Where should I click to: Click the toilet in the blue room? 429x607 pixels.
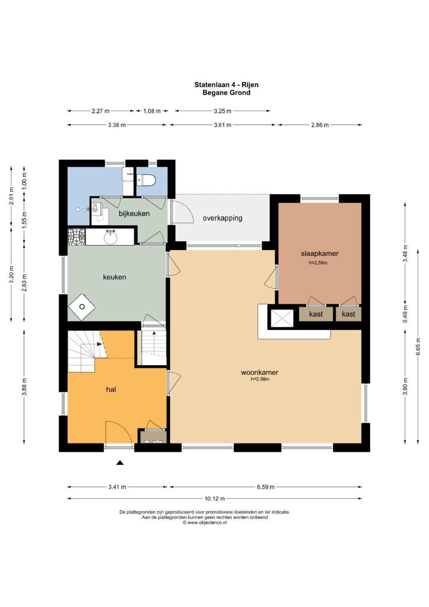pos(146,180)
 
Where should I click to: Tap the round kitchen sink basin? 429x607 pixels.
pos(111,238)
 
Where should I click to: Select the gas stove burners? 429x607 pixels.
pos(76,237)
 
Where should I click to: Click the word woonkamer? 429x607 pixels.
pos(259,372)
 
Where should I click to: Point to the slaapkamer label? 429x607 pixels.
pos(320,254)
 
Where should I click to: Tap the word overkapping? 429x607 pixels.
pos(222,218)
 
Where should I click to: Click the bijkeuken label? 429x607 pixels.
pos(134,213)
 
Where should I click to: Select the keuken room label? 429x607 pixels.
pos(114,277)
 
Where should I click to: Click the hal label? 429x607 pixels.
pos(111,390)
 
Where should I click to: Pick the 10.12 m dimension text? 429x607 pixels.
pos(214,498)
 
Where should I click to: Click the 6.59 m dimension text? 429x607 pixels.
pos(266,487)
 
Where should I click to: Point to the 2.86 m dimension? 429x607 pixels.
pos(320,125)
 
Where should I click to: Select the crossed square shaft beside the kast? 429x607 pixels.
pos(282,318)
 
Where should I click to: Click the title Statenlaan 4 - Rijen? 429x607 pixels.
pos(226,85)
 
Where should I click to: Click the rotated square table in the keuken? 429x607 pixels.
pos(82,307)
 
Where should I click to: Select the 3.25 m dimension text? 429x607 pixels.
pos(222,111)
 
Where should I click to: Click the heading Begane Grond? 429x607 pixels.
pos(226,93)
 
